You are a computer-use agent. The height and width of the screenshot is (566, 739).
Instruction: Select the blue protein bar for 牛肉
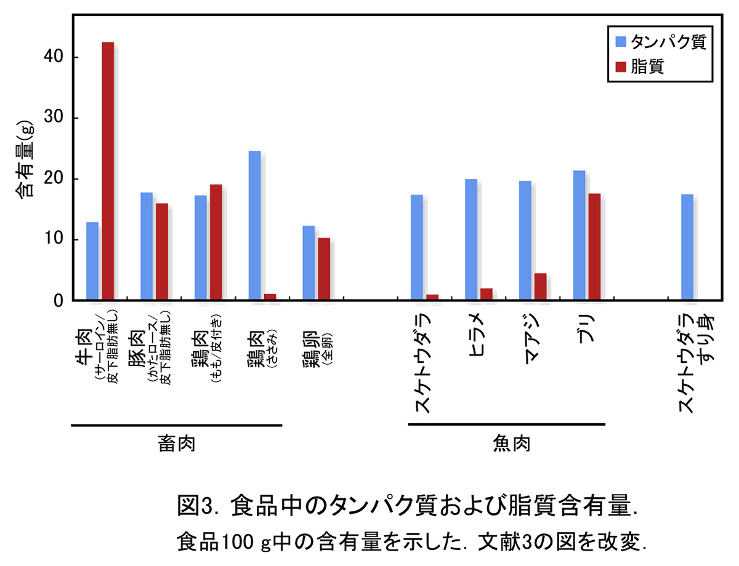pos(92,261)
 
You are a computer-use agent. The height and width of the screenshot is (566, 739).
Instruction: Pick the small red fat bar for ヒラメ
pos(487,295)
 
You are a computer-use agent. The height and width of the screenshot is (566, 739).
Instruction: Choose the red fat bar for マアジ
pos(540,287)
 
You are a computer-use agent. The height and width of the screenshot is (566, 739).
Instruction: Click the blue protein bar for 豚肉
pos(147,247)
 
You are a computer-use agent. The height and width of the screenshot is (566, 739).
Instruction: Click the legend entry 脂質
pos(647,66)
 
